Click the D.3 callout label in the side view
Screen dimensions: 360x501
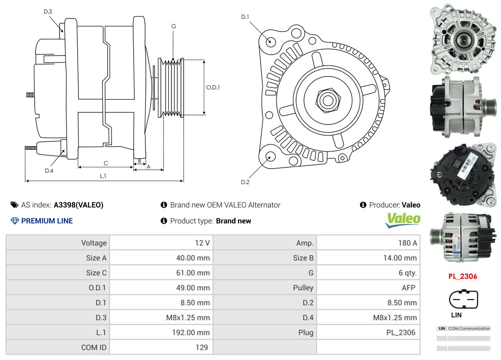click(48, 11)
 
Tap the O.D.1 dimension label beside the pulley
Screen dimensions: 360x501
click(213, 87)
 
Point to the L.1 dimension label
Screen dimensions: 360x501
click(103, 176)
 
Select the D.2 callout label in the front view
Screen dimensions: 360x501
click(245, 182)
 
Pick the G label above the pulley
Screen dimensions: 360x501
click(173, 26)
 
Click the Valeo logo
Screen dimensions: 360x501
click(403, 220)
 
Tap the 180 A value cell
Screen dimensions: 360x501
click(407, 243)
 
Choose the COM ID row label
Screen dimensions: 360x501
click(94, 347)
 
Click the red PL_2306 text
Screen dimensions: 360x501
click(463, 276)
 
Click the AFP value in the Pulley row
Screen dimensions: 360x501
click(408, 288)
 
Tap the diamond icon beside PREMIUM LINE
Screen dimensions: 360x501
click(15, 221)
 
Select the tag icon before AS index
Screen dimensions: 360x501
click(15, 205)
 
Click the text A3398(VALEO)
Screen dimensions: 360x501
click(78, 205)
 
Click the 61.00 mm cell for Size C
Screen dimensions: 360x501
click(193, 273)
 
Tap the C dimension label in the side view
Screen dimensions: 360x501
click(106, 163)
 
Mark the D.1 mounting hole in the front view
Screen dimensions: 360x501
click(270, 41)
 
